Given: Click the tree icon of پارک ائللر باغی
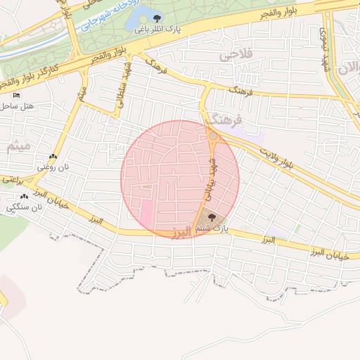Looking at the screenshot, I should (x=157, y=19).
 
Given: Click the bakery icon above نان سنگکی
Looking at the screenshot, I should (x=25, y=197).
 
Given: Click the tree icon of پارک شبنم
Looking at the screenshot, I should (x=212, y=219).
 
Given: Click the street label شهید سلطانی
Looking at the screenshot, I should (x=120, y=91).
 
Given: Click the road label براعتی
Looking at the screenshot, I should (x=8, y=181).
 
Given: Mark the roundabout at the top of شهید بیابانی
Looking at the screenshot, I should (x=212, y=135).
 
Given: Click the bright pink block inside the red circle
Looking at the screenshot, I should (x=148, y=214).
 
